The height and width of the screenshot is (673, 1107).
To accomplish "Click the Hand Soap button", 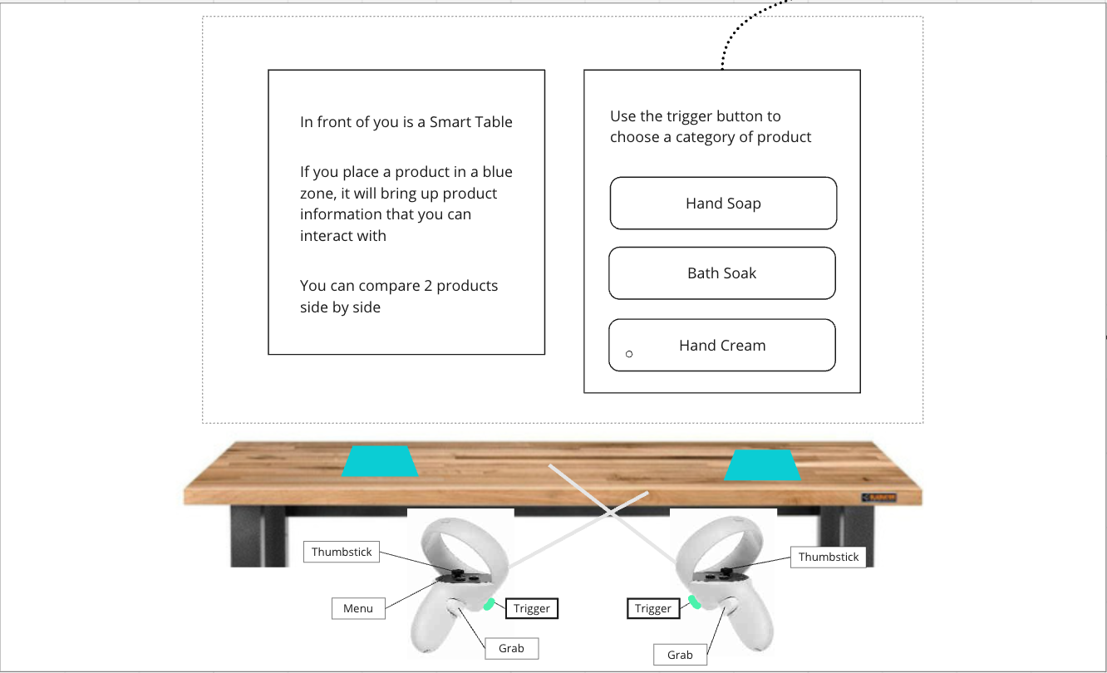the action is [723, 203].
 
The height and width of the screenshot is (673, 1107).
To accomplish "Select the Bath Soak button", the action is [722, 273].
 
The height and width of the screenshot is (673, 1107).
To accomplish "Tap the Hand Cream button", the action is [722, 345].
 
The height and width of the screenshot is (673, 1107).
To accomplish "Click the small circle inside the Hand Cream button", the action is [629, 354].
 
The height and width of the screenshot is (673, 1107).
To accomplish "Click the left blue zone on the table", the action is [380, 461].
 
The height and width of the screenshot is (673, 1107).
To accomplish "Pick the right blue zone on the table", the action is [763, 465].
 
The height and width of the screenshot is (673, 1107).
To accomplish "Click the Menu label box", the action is [358, 608].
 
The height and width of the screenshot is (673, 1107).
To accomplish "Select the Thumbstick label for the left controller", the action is [342, 552].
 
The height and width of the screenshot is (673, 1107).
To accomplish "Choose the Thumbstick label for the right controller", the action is [829, 557].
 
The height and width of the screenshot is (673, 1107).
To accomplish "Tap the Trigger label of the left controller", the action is [532, 608].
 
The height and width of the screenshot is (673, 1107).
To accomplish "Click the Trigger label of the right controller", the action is [653, 608].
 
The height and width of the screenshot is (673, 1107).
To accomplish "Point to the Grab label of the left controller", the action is [511, 648].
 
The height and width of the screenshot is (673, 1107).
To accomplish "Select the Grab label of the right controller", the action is [680, 655].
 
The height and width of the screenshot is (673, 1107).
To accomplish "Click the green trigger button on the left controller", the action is [489, 604].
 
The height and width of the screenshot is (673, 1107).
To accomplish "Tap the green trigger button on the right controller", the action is [694, 602].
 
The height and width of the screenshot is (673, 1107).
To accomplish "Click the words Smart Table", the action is [471, 121].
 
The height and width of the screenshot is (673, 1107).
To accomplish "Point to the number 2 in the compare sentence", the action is [428, 286].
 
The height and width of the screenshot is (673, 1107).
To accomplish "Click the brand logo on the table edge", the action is [878, 497].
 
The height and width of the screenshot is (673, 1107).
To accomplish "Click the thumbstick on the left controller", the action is [458, 573].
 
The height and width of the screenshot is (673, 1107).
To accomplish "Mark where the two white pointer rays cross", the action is [612, 512].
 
